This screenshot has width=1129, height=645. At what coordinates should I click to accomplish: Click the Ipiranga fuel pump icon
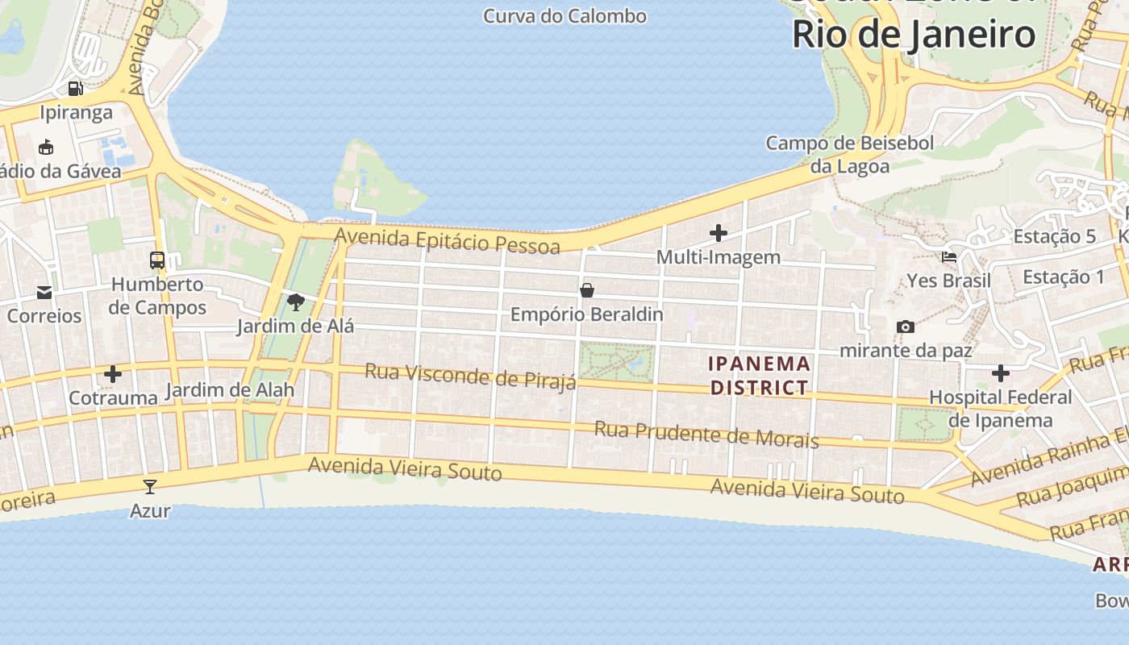click(x=75, y=88)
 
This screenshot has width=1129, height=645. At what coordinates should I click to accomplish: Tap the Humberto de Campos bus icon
click(x=157, y=260)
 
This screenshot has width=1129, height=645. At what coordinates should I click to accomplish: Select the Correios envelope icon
click(x=44, y=293)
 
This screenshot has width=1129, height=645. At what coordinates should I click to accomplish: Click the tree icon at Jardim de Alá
click(x=296, y=302)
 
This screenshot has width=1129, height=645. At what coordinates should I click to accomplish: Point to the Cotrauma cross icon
click(x=113, y=374)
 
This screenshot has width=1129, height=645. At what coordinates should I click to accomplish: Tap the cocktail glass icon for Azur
click(x=150, y=486)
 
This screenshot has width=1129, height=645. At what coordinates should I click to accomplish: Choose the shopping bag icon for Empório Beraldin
click(x=587, y=290)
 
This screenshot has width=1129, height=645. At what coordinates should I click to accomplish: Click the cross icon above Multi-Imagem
click(x=718, y=234)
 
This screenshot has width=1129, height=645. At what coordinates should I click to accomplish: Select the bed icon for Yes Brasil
click(x=949, y=257)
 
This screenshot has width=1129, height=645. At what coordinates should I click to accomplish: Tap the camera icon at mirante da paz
click(x=906, y=327)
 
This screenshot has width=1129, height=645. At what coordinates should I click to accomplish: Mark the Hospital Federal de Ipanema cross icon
click(x=1001, y=373)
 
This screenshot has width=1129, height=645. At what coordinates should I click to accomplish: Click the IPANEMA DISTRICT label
click(x=759, y=376)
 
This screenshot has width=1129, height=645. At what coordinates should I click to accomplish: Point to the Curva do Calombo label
click(x=564, y=16)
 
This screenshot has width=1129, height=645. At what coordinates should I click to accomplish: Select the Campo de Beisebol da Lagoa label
click(x=850, y=155)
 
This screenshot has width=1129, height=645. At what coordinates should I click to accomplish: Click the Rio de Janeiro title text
click(x=914, y=35)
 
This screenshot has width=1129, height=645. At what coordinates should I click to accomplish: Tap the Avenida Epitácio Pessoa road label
click(x=448, y=239)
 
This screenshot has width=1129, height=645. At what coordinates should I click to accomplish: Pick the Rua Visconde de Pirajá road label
click(x=470, y=376)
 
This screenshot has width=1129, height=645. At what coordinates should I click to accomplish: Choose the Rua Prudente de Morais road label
click(x=706, y=434)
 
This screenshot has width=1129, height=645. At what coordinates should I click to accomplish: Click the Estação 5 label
click(x=1054, y=236)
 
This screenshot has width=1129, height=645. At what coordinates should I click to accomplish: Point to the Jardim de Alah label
click(x=230, y=390)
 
